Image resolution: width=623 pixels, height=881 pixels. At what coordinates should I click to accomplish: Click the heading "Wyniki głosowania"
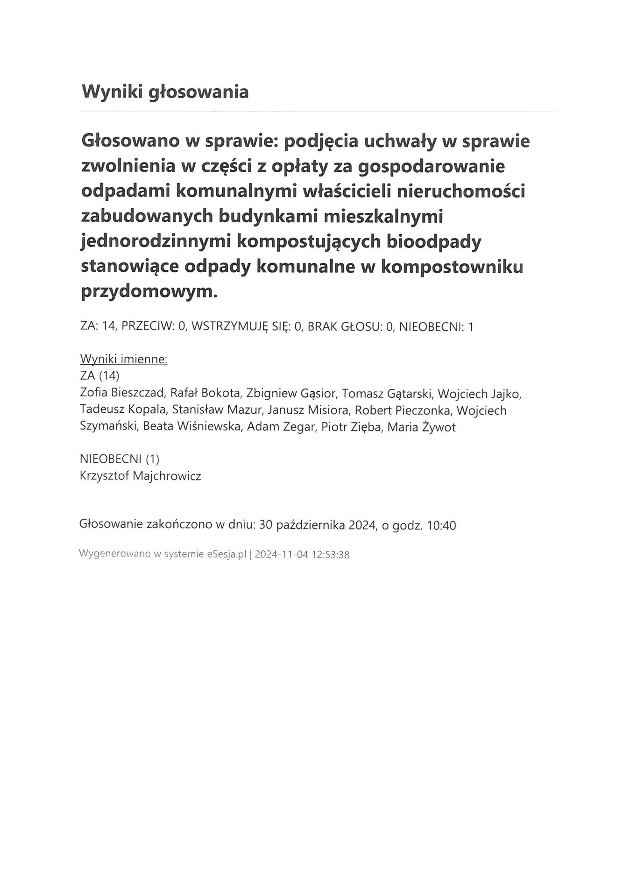[x=165, y=92]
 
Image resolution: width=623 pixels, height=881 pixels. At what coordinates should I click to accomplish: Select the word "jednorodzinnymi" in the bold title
[x=156, y=242]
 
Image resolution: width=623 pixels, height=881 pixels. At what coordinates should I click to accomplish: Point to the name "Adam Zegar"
[x=280, y=427]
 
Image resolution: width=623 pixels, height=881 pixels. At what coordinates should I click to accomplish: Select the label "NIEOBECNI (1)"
[x=120, y=459]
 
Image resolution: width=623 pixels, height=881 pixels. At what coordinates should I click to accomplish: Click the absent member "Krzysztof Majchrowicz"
[x=141, y=476]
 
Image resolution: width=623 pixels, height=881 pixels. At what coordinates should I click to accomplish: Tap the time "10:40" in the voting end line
[x=441, y=525]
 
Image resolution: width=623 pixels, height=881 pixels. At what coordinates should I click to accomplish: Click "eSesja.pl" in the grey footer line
[x=226, y=555]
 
